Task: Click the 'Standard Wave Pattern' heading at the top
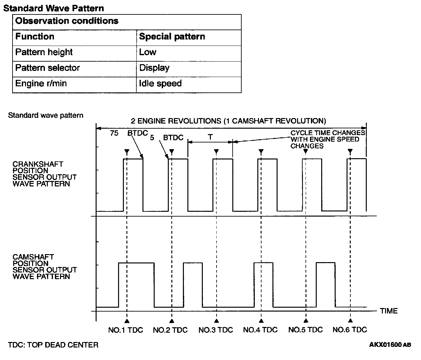[54, 8]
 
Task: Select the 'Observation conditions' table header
[67, 21]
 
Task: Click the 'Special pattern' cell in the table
[172, 37]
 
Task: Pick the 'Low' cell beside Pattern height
[148, 52]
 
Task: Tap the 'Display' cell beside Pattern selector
[154, 68]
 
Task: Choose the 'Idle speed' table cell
[160, 83]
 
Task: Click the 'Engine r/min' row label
[41, 83]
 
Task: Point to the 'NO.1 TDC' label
[125, 330]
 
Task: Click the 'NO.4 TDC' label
[260, 330]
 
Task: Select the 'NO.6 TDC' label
[350, 330]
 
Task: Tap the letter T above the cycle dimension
[210, 137]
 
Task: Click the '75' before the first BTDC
[114, 133]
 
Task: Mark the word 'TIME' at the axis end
[389, 311]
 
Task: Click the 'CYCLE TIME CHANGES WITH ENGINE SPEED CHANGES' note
[327, 139]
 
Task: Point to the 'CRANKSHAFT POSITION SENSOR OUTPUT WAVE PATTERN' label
[45, 174]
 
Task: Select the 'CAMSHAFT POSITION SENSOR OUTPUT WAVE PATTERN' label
[45, 267]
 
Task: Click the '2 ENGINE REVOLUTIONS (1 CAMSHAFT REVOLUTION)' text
[228, 121]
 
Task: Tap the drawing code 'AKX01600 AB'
[390, 345]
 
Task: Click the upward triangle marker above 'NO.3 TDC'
[217, 321]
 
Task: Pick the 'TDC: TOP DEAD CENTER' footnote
[53, 345]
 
